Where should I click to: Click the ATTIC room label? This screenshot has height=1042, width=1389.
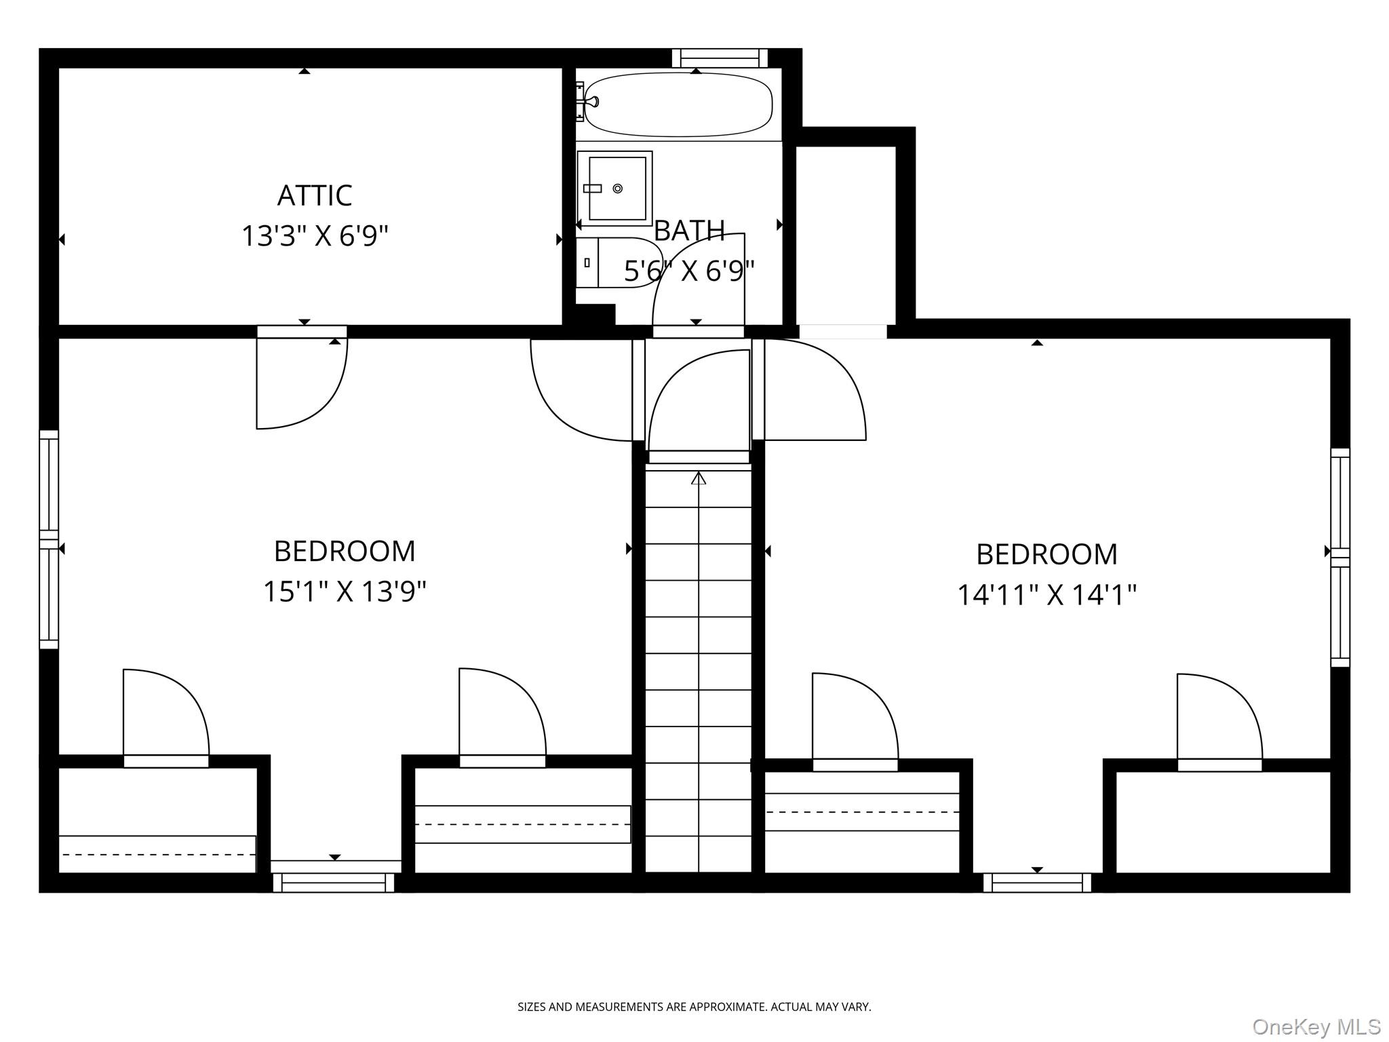coord(315,195)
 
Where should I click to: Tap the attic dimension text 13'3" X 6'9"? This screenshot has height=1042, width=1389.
coord(315,236)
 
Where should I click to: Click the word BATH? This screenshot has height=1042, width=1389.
coord(689,231)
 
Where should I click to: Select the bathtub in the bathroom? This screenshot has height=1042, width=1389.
coord(678,105)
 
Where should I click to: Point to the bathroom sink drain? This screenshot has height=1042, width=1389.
coord(617,189)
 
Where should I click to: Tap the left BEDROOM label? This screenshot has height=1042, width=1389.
coord(345,551)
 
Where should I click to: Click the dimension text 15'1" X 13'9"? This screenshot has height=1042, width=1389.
coord(345,591)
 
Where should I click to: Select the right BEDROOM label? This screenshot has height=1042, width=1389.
coord(1046,554)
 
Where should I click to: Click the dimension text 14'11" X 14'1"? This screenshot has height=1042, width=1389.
coord(1046,595)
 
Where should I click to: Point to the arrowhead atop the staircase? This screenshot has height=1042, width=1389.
coord(699,478)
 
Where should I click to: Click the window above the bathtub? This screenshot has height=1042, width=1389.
coord(720,58)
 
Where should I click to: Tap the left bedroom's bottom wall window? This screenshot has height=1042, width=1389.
coord(334,882)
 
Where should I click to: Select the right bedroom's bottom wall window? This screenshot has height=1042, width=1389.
coord(1037,882)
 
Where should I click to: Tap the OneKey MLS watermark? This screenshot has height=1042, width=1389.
coord(1316,1026)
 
